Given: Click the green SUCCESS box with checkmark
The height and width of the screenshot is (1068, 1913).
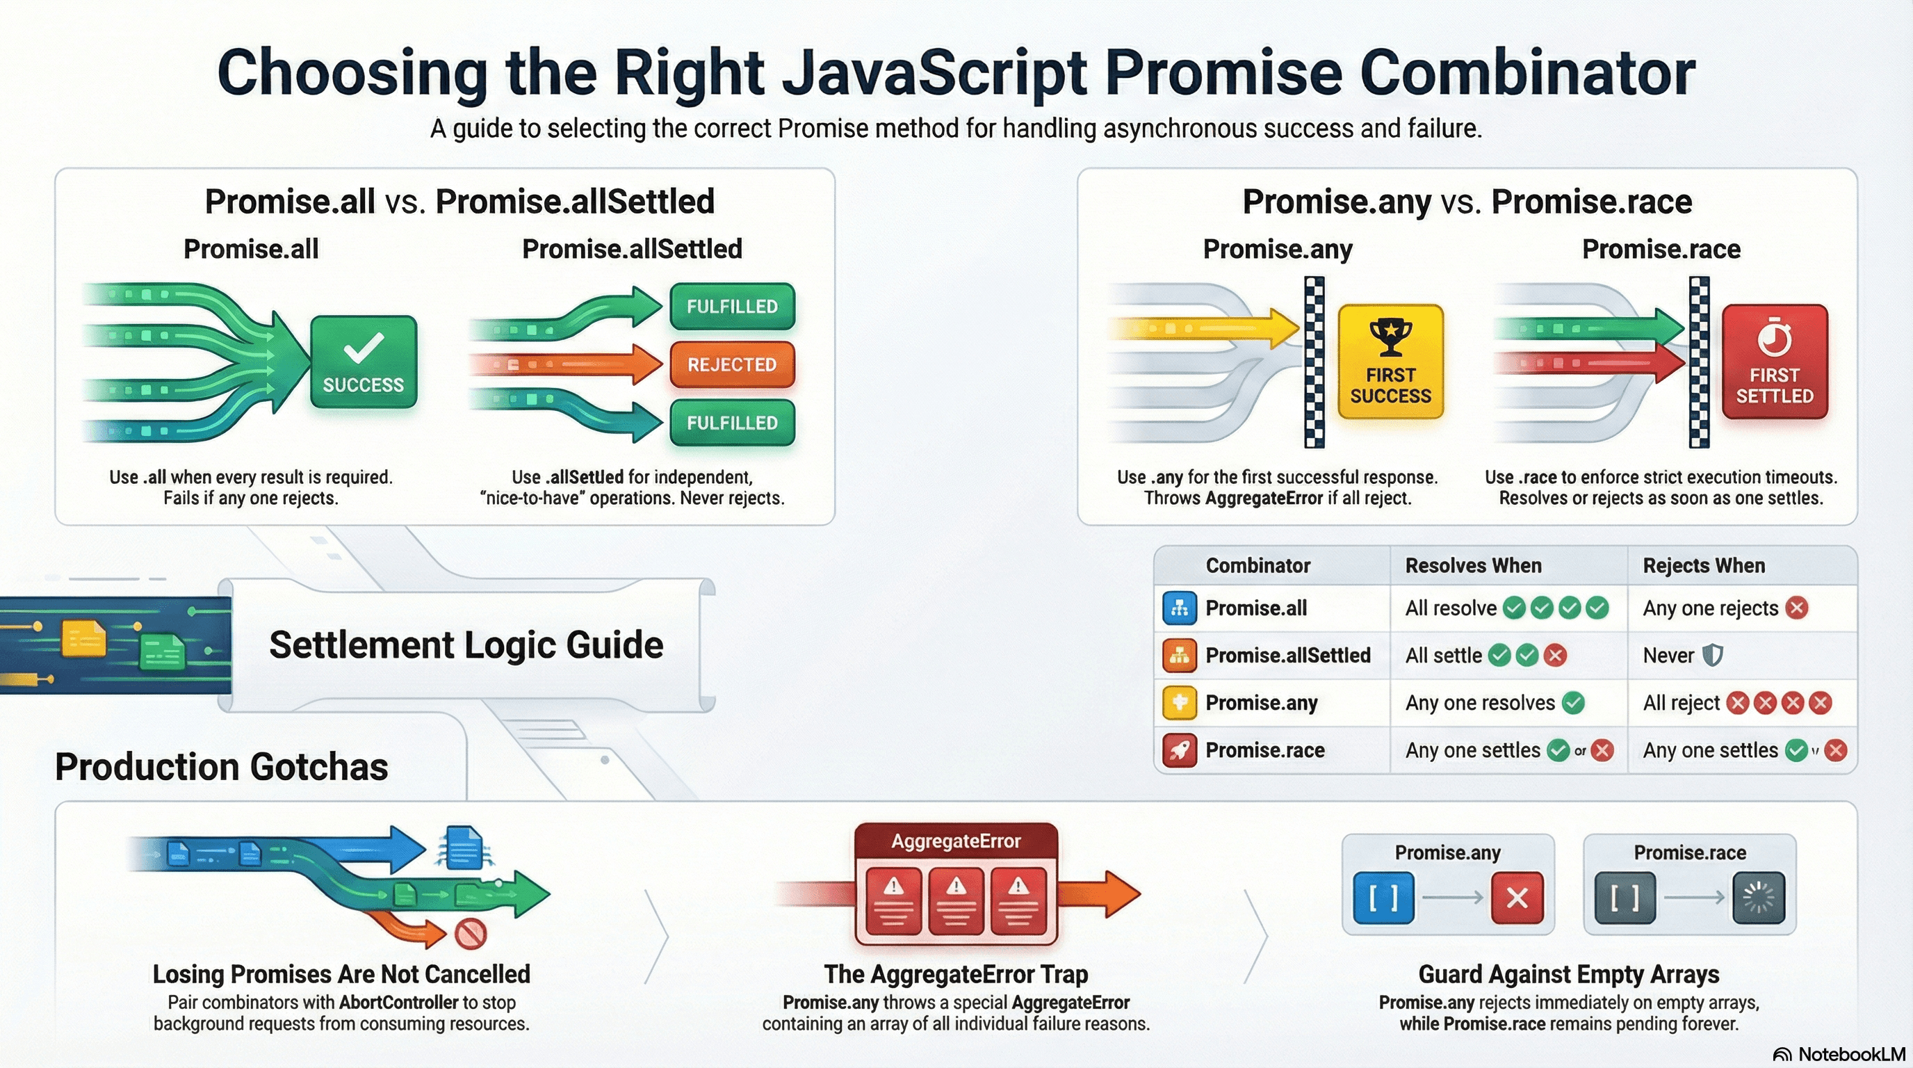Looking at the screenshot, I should pyautogui.click(x=363, y=362).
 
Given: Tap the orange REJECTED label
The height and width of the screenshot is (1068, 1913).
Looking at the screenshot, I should pyautogui.click(x=731, y=364).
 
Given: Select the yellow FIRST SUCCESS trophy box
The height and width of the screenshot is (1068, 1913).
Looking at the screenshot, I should pyautogui.click(x=1390, y=362).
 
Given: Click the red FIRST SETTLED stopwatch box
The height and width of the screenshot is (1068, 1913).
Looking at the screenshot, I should pyautogui.click(x=1774, y=362).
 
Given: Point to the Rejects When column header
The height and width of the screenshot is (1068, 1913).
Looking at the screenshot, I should pyautogui.click(x=1704, y=566).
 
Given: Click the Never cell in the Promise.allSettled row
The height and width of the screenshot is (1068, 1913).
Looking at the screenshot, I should pyautogui.click(x=1668, y=656).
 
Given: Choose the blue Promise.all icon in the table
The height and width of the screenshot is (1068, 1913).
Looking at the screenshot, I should pyautogui.click(x=1178, y=608).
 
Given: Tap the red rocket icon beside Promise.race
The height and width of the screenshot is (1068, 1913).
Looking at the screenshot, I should pyautogui.click(x=1178, y=750).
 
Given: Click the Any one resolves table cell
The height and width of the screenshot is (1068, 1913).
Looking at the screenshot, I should pyautogui.click(x=1479, y=702).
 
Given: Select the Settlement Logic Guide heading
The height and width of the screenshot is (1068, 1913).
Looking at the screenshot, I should pyautogui.click(x=466, y=645).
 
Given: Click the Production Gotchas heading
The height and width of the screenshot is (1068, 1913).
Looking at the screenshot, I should pyautogui.click(x=221, y=766).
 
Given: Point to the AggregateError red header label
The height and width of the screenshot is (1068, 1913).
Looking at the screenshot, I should pyautogui.click(x=956, y=841).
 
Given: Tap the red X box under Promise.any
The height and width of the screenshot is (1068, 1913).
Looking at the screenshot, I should pyautogui.click(x=1517, y=898).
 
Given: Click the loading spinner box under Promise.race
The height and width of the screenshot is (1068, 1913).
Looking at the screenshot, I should pyautogui.click(x=1759, y=898).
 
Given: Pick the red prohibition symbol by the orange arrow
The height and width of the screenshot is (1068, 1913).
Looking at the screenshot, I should pyautogui.click(x=470, y=933).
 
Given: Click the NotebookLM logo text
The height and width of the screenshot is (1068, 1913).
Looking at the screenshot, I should pyautogui.click(x=1851, y=1055).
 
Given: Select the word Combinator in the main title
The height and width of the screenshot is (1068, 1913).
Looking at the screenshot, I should pyautogui.click(x=1528, y=73).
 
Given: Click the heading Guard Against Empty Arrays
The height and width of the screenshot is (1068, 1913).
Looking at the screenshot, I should pyautogui.click(x=1568, y=973).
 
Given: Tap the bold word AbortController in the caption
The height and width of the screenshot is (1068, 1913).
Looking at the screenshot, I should pyautogui.click(x=399, y=1003).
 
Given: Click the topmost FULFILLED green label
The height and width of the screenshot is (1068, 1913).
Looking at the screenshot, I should pyautogui.click(x=731, y=306).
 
